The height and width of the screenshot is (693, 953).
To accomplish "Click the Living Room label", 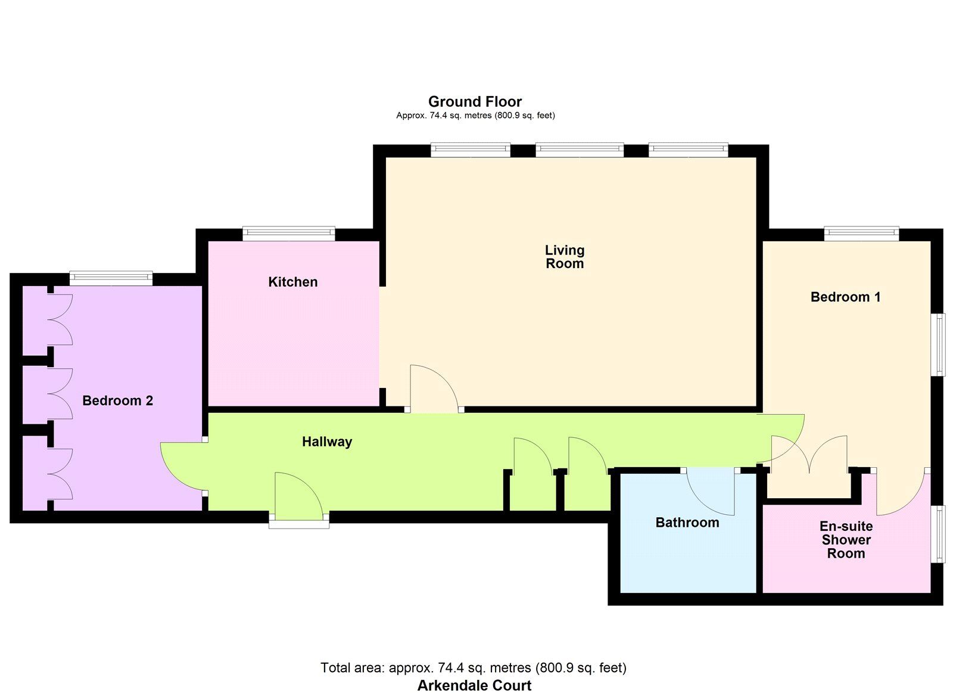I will click(x=565, y=257).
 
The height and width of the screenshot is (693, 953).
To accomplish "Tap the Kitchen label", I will click(x=292, y=282).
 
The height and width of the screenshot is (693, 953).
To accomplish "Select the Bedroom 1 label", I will click(x=845, y=297).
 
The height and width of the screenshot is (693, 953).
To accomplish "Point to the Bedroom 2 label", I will click(x=117, y=400).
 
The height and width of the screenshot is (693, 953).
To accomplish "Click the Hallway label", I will click(x=327, y=442).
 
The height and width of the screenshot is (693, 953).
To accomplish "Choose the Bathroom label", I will click(x=687, y=523).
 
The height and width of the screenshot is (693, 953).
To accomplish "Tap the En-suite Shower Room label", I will click(x=846, y=540).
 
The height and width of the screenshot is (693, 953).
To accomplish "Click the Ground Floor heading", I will click(x=475, y=101).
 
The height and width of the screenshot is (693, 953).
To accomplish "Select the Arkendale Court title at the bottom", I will click(x=474, y=685).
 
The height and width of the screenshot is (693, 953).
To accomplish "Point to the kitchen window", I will click(x=289, y=234).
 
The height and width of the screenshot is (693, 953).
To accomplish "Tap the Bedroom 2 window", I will click(x=111, y=278).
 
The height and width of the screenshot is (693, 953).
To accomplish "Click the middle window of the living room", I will click(x=580, y=150).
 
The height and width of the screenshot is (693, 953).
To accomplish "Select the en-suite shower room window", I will click(x=938, y=534).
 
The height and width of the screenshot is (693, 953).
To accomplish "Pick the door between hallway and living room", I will click(x=434, y=389).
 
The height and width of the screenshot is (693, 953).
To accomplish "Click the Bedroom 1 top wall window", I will click(x=861, y=234).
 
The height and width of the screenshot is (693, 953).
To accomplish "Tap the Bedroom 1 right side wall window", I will click(x=938, y=344).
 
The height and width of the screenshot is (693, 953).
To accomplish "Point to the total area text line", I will click(x=474, y=667).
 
